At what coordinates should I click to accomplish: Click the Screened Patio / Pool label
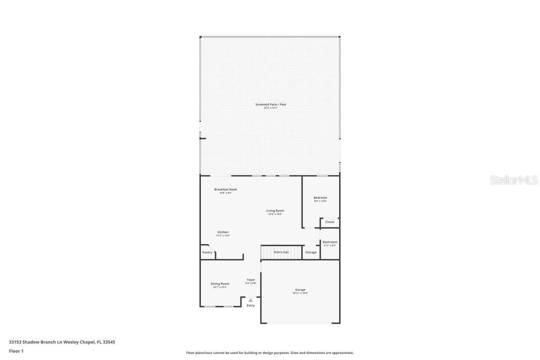pyautogui.click(x=271, y=104)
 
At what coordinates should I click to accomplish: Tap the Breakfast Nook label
pyautogui.click(x=225, y=189)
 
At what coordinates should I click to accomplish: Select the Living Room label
pyautogui.click(x=275, y=211)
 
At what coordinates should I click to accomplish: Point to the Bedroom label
pyautogui.click(x=320, y=198)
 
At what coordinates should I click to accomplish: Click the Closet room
pyautogui.click(x=330, y=222)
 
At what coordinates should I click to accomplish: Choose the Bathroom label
pyautogui.click(x=330, y=242)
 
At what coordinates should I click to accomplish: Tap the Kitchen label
pyautogui.click(x=223, y=232)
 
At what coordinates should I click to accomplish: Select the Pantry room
pyautogui.click(x=207, y=252)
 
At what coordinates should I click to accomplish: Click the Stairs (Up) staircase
pyautogui.click(x=281, y=252)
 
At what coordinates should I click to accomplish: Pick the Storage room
pyautogui.click(x=311, y=252)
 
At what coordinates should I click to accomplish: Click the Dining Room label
pyautogui.click(x=220, y=284)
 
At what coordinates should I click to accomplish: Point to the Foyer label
pyautogui.click(x=250, y=280)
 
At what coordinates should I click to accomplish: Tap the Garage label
pyautogui.click(x=300, y=289)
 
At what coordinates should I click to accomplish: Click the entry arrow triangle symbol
pyautogui.click(x=250, y=300)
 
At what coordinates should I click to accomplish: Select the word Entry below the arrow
pyautogui.click(x=250, y=305)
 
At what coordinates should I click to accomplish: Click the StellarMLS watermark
pyautogui.click(x=513, y=180)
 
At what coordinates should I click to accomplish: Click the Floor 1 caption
pyautogui.click(x=16, y=351)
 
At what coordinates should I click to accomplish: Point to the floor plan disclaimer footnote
pyautogui.click(x=269, y=353)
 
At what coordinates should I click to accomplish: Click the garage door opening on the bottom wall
pyautogui.click(x=300, y=323)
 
